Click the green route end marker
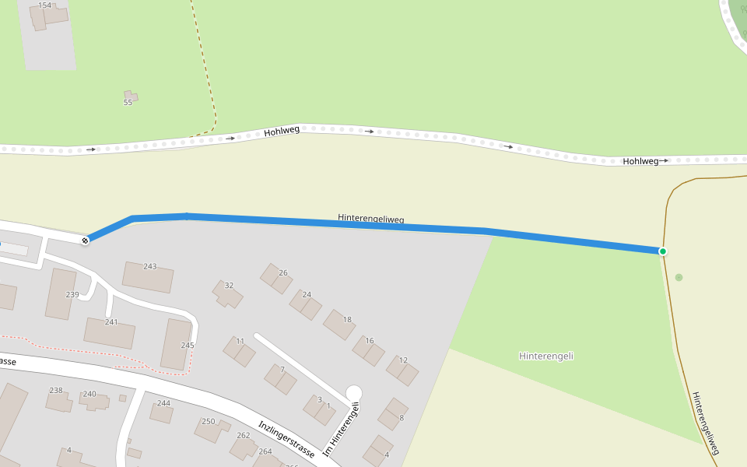(x=663, y=251)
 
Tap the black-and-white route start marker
(x=86, y=241)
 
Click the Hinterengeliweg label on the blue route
(x=371, y=219)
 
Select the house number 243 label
(x=149, y=266)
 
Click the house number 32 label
(x=229, y=286)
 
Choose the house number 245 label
(x=187, y=345)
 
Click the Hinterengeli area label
(x=545, y=356)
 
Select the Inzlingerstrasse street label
(x=286, y=439)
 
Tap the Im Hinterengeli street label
(x=342, y=428)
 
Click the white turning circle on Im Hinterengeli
(x=354, y=393)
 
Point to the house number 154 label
(x=44, y=5)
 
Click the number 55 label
(x=128, y=102)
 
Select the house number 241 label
(x=111, y=321)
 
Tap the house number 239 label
(x=72, y=294)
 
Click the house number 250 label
(x=208, y=421)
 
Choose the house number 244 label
(x=163, y=403)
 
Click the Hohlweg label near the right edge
(x=640, y=161)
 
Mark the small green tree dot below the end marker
(x=679, y=277)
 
